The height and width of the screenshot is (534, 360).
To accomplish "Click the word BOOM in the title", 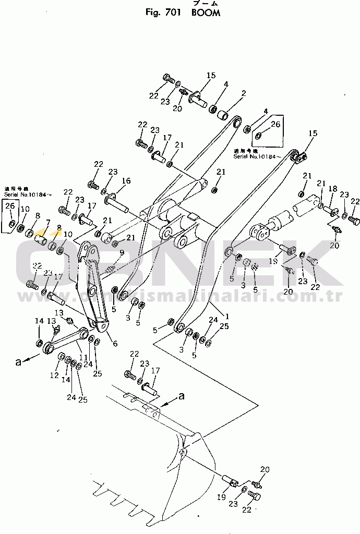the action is tap(206, 13).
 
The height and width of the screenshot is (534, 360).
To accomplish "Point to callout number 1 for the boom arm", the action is tap(226, 315).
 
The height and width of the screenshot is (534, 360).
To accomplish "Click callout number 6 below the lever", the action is tap(115, 344).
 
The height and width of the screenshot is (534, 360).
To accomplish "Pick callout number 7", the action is tap(48, 222).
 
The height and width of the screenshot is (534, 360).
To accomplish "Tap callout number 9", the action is tap(122, 252).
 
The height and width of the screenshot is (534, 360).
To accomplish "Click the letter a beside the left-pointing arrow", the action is tap(19, 362).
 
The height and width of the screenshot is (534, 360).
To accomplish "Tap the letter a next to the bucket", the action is tap(182, 396).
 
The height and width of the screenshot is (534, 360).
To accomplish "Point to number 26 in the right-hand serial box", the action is tap(275, 124).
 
